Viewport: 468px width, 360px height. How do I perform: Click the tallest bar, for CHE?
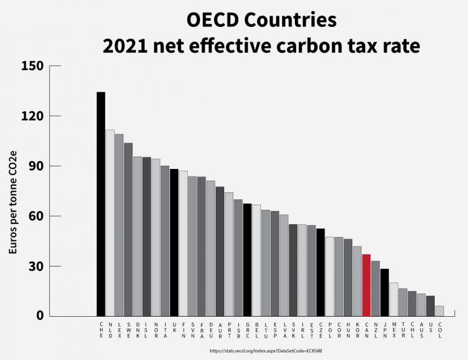click(101, 204)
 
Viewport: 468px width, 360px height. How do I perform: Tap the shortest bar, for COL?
click(439, 311)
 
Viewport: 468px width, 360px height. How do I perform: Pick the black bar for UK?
click(174, 243)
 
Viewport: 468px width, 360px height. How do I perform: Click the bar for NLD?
click(110, 223)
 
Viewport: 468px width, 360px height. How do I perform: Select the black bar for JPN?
click(384, 292)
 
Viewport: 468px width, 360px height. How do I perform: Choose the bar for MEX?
click(394, 299)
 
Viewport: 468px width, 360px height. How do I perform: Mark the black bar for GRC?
click(247, 259)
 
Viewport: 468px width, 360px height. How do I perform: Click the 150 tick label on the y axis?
click(32, 65)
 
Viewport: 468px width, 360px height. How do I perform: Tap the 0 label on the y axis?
click(40, 316)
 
